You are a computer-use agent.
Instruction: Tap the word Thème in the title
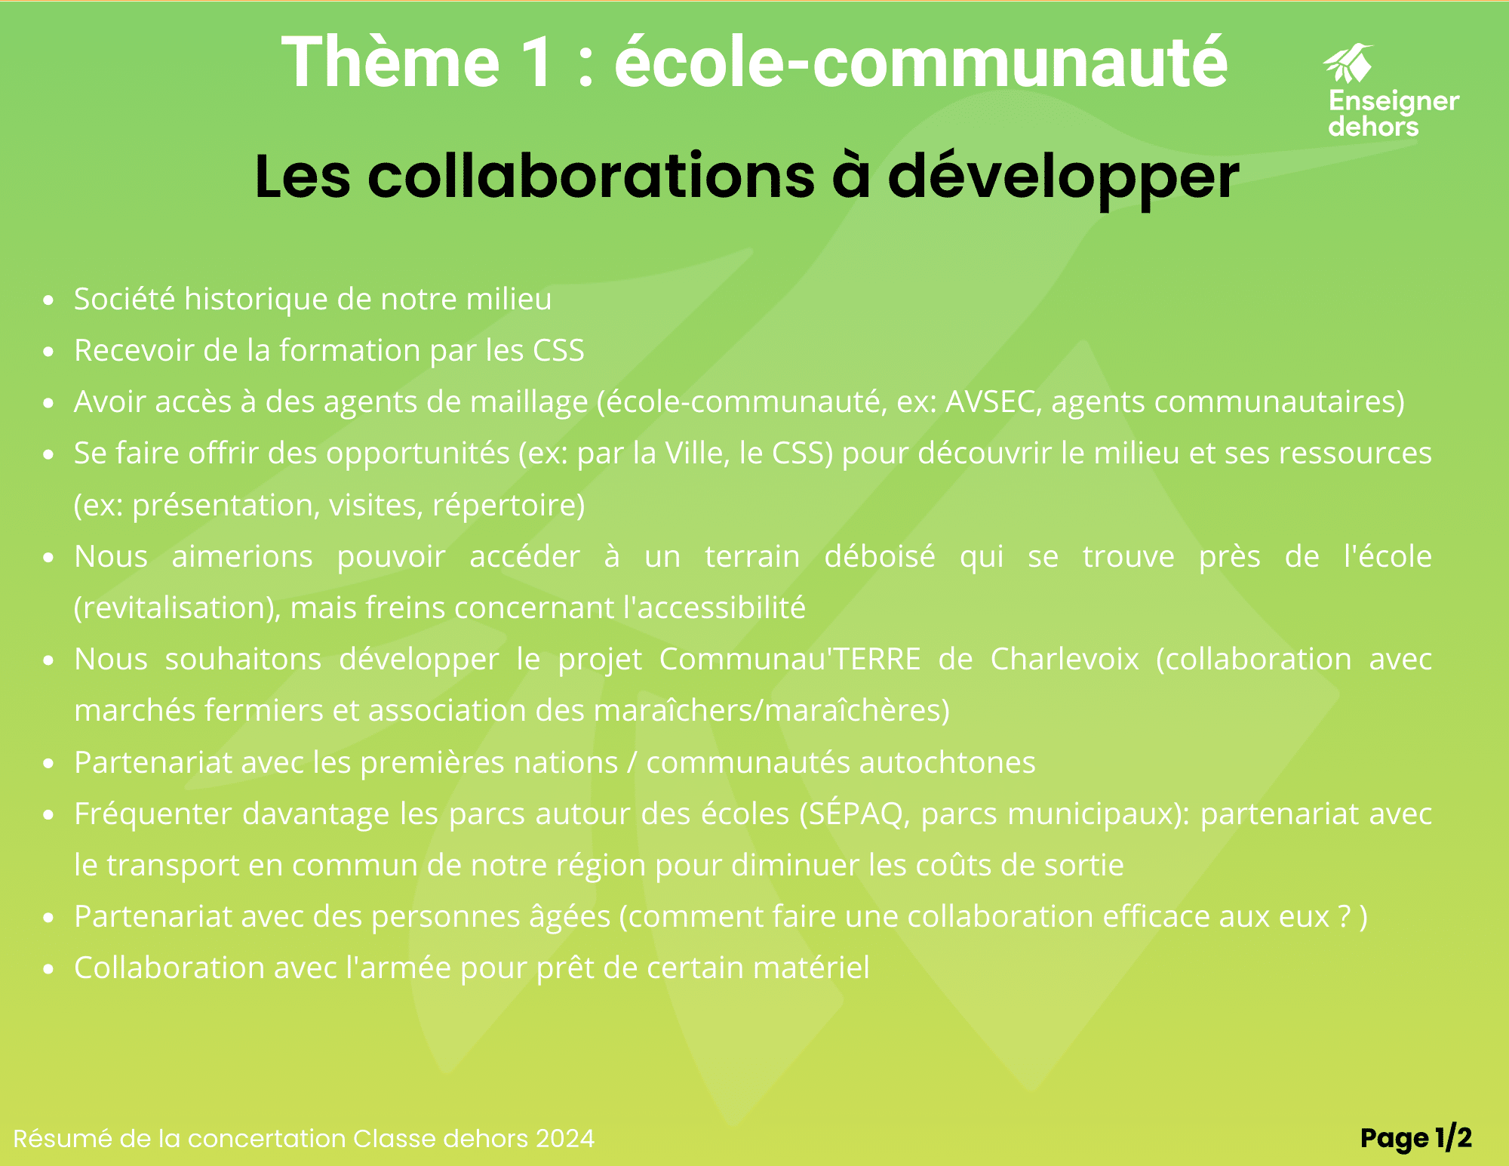tap(390, 62)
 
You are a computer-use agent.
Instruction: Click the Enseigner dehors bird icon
tap(1348, 63)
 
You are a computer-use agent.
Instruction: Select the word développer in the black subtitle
tap(1063, 177)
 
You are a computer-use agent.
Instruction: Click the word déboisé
tap(880, 556)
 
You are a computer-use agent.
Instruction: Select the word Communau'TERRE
tap(790, 659)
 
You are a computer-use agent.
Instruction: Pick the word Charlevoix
tap(1065, 659)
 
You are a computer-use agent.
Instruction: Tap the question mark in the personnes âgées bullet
tap(1344, 916)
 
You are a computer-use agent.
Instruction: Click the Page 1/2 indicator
tap(1416, 1138)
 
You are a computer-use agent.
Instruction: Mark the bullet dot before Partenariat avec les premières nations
tap(49, 764)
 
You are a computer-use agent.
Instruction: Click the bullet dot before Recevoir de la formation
tap(49, 352)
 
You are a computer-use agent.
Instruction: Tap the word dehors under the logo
tap(1373, 126)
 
